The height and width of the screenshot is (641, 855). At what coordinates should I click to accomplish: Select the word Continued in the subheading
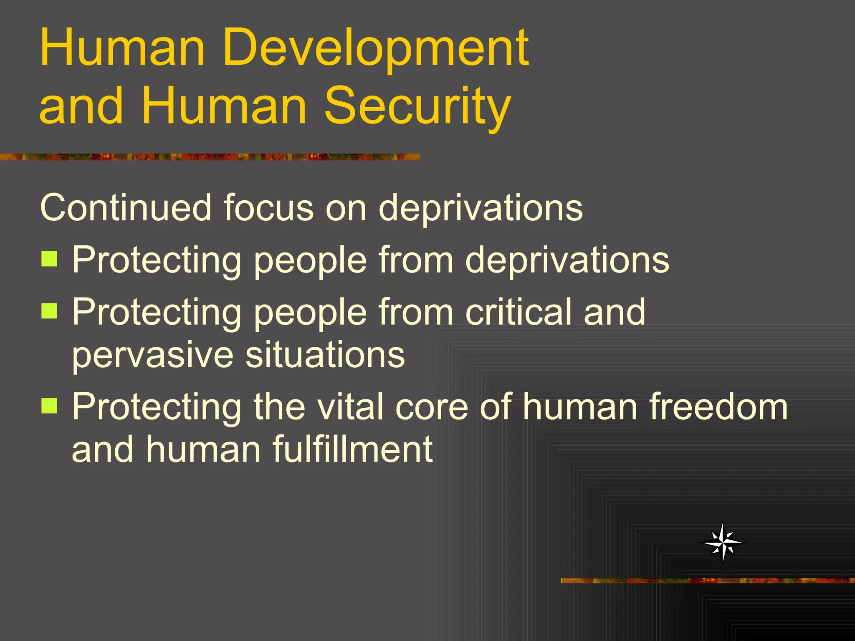[126, 207]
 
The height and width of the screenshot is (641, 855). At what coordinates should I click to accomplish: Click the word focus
[268, 207]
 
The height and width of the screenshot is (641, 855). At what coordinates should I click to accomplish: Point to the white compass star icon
[723, 543]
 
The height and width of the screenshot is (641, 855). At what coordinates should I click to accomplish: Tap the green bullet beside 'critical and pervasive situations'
[49, 310]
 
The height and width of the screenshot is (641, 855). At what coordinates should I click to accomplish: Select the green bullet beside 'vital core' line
[49, 405]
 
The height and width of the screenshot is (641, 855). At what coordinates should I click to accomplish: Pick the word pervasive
[152, 356]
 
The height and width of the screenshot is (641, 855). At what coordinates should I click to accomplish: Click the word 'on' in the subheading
[346, 208]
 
